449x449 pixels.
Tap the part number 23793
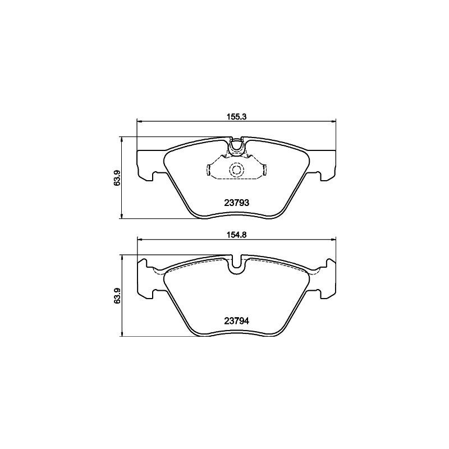[x=236, y=203]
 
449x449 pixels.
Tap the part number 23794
[x=236, y=321]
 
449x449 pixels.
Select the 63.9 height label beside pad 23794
[x=117, y=296]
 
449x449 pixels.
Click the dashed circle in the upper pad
[x=236, y=169]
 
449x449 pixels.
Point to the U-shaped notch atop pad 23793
[x=236, y=145]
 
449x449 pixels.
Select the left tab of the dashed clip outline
[x=209, y=169]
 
